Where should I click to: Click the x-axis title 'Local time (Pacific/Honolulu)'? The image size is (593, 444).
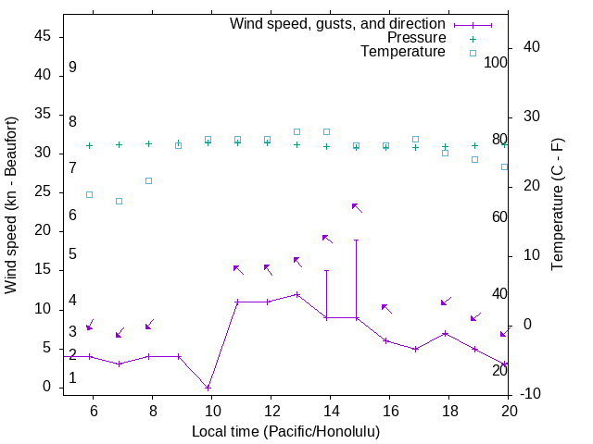285,431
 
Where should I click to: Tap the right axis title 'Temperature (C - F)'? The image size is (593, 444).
557,205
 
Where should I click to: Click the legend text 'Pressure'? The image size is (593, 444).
416,38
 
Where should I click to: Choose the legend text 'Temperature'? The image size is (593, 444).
403,52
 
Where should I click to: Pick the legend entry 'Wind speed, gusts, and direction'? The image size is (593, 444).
338,24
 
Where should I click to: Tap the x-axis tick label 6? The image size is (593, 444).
93,412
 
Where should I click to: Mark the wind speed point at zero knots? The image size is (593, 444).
208,388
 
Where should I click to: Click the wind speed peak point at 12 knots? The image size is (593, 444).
296,294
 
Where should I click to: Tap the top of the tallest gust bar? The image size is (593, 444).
356,240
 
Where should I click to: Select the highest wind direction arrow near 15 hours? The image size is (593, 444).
357,207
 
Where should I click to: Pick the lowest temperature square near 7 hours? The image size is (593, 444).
119,201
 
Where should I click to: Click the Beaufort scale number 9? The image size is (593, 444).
72,68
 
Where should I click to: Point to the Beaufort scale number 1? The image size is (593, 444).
72,378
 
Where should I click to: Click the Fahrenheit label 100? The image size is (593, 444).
497,63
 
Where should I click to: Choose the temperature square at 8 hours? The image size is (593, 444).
148,180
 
